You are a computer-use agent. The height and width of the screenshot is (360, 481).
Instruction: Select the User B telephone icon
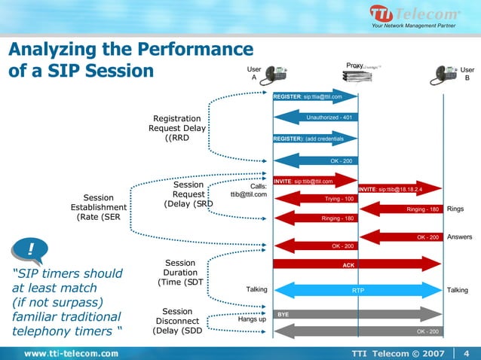coord(445,74)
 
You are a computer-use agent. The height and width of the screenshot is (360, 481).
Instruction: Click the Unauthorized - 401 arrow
coord(315,117)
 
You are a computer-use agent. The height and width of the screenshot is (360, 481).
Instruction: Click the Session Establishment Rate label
coord(99,208)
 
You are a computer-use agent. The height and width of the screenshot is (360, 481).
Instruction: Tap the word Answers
coord(459,236)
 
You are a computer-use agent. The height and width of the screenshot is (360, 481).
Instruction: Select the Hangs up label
coord(251,319)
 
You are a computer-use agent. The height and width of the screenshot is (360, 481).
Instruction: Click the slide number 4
coord(467,353)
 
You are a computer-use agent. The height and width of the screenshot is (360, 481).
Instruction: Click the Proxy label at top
coord(354,66)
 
